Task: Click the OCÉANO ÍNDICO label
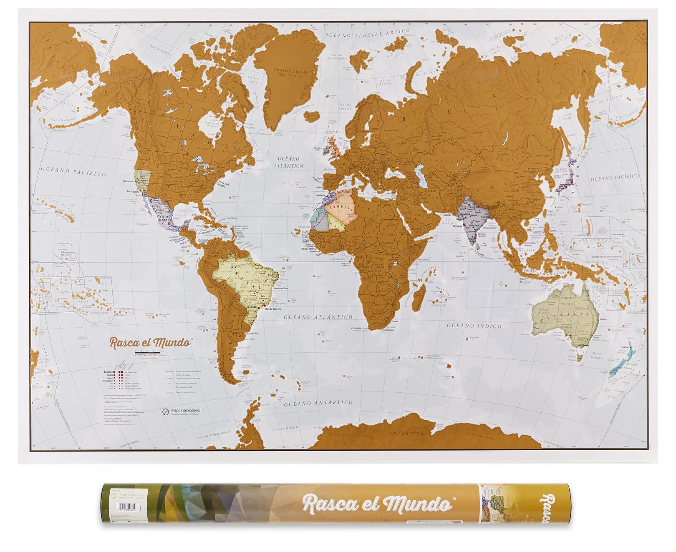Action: (474, 326)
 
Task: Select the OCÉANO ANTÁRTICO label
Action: (318, 404)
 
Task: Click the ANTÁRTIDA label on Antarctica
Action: (407, 434)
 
